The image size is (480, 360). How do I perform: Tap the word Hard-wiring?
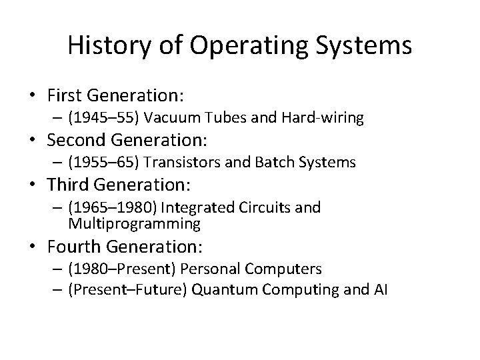click(x=326, y=119)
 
